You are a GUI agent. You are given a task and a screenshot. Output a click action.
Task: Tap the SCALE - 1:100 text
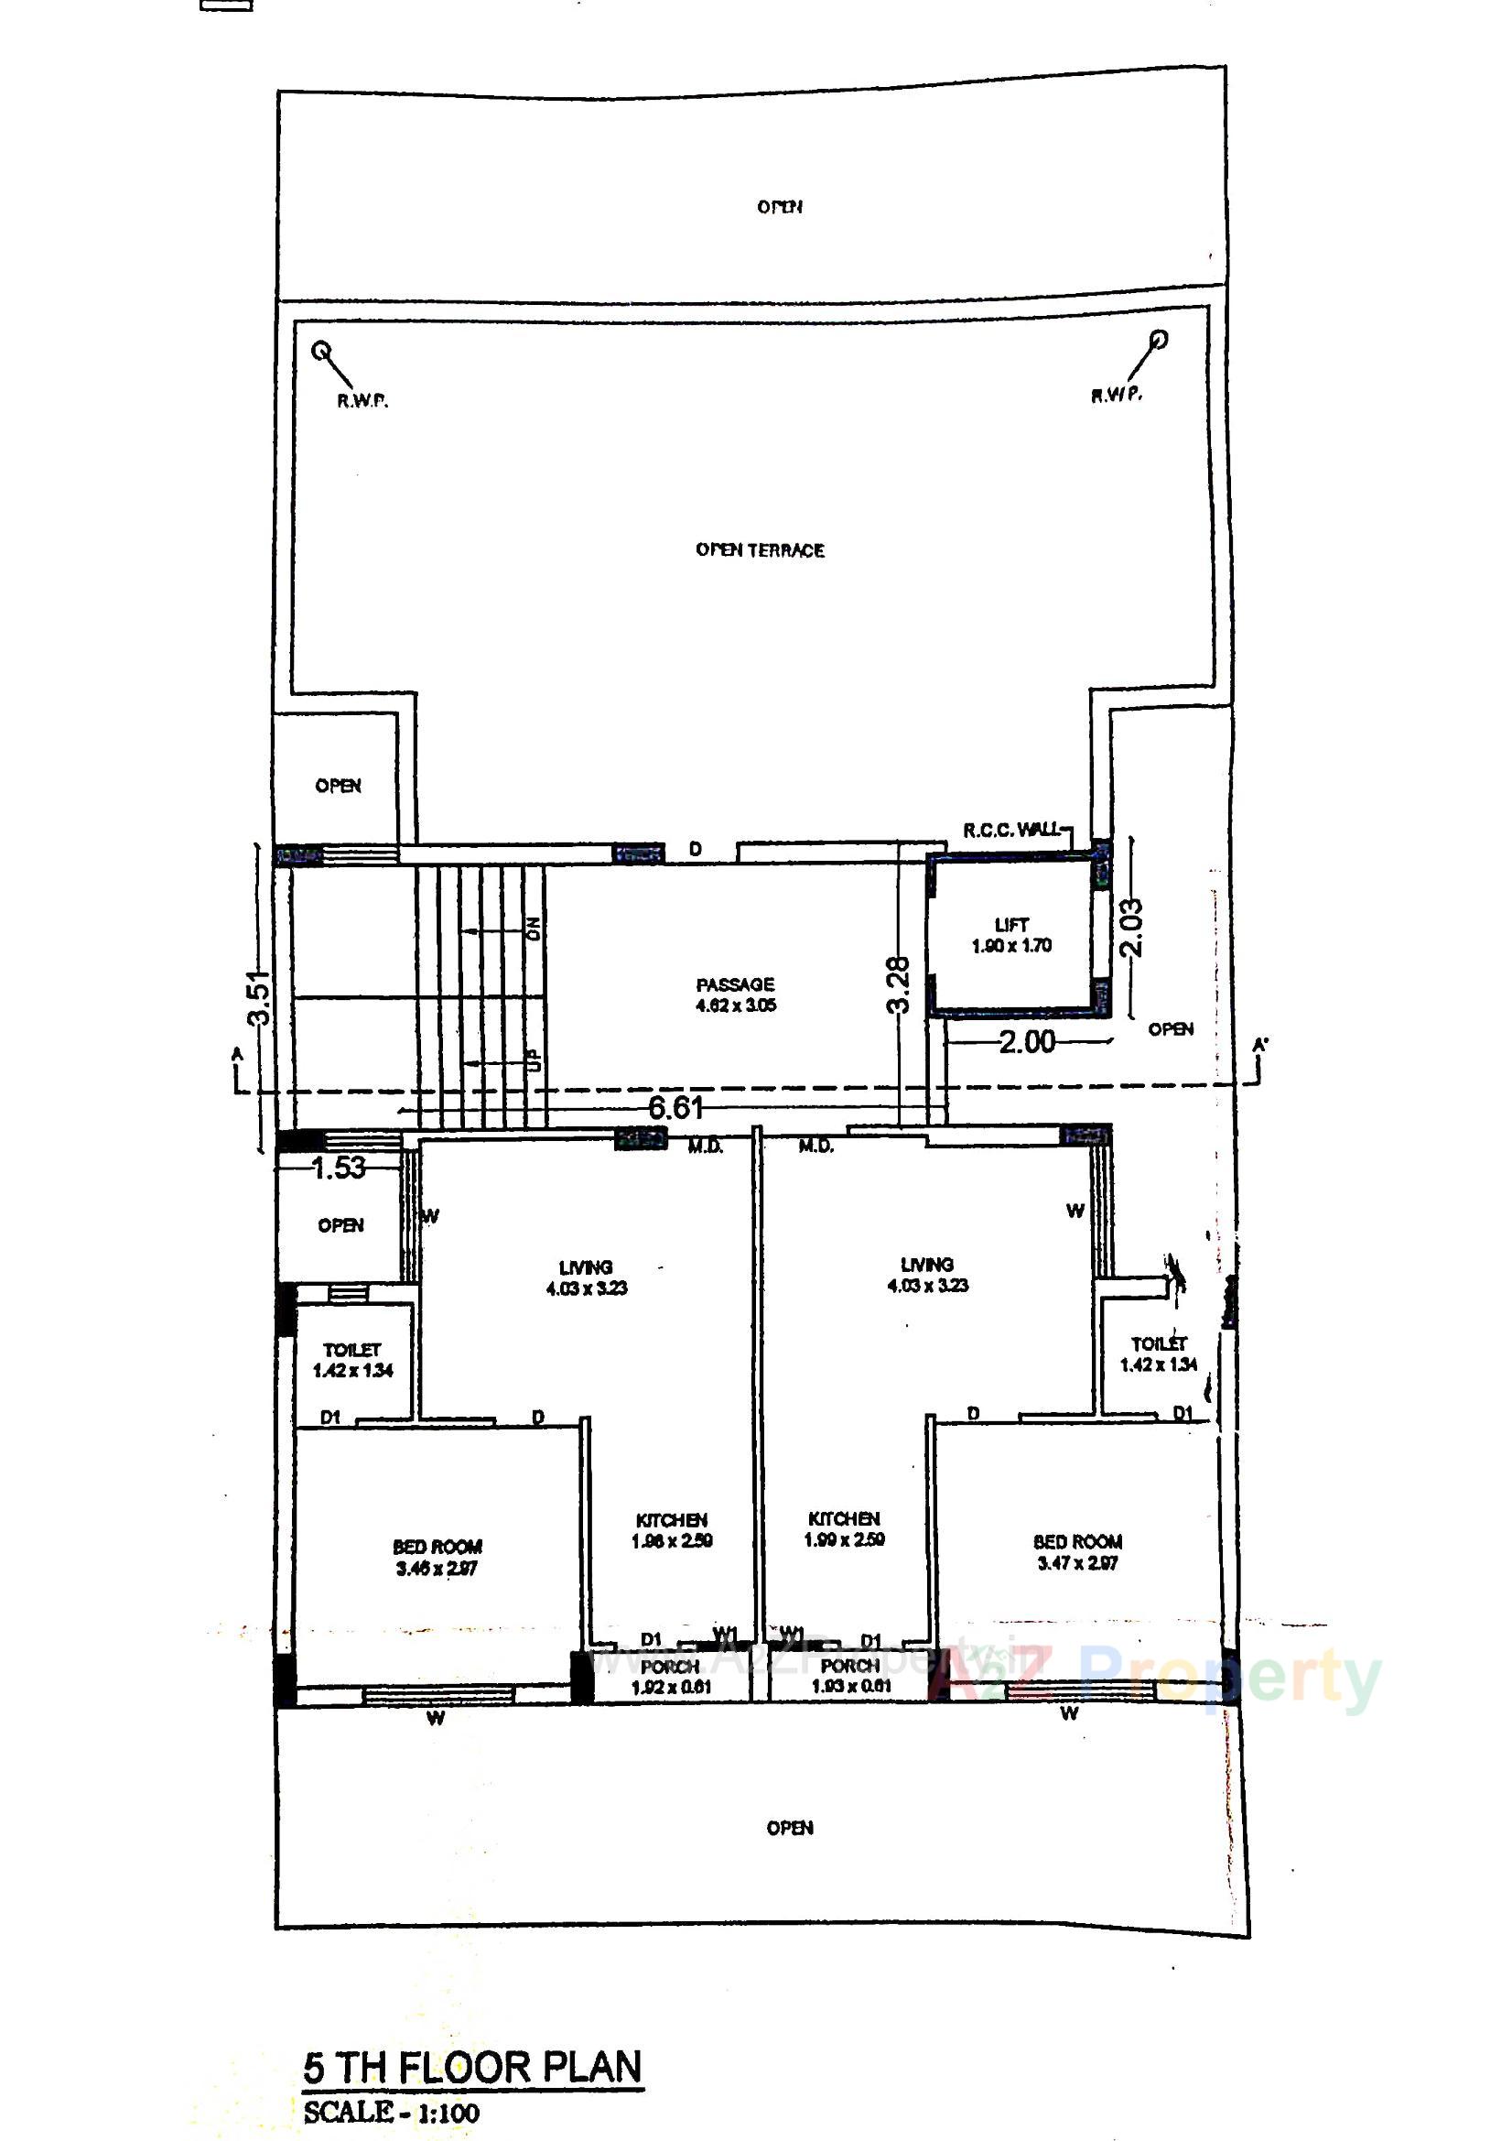pos(392,2111)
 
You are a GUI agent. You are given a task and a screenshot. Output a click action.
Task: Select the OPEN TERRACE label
pos(760,550)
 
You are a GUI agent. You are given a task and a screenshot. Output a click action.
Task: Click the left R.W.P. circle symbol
pos(320,352)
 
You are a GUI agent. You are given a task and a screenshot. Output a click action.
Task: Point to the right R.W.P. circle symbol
pos(1159,340)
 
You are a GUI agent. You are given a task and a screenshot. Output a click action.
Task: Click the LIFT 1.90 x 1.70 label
pos(1011,935)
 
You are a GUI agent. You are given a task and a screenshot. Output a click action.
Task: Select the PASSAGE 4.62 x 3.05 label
pos(736,995)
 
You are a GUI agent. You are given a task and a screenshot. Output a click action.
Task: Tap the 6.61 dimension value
pos(675,1109)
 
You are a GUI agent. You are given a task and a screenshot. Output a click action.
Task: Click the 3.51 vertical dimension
pos(261,998)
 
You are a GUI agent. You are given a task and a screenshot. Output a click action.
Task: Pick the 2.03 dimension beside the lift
pos(1132,927)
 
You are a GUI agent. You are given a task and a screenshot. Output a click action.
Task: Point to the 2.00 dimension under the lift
pos(1026,1041)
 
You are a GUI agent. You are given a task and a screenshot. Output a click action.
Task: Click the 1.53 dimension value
pos(339,1168)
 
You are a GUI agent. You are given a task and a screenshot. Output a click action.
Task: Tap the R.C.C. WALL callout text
pos(1011,830)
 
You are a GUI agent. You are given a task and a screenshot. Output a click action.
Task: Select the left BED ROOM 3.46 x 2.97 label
pos(437,1559)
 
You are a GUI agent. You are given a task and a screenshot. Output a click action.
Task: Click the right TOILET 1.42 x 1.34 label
pos(1159,1354)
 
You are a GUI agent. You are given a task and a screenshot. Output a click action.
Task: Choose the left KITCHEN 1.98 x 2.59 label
pos(671,1530)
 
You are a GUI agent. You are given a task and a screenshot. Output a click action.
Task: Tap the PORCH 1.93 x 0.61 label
pos(850,1676)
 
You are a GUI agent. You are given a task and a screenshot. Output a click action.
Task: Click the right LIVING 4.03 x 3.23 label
pos(926,1275)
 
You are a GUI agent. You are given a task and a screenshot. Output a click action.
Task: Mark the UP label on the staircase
pos(535,1060)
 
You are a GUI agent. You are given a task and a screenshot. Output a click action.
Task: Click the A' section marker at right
pos(1260,1048)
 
